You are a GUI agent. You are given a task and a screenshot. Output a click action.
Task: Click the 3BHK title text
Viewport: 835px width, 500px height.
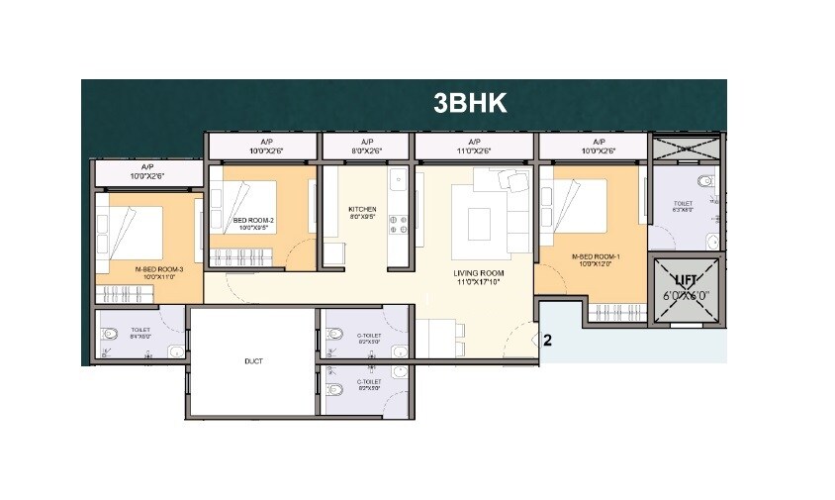(470, 104)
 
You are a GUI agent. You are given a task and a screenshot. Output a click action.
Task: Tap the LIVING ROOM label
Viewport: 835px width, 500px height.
(479, 272)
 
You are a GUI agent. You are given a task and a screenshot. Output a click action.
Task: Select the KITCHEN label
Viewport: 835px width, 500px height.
(362, 210)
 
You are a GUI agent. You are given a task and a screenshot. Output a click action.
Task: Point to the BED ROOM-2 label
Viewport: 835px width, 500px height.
(253, 220)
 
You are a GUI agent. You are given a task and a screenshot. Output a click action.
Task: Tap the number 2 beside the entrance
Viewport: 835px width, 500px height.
(546, 340)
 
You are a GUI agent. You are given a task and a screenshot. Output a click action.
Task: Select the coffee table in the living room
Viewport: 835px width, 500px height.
(479, 216)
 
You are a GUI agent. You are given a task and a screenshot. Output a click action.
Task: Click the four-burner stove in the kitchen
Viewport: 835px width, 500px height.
(399, 223)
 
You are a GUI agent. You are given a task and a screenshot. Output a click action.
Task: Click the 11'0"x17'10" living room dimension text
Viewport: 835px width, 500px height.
(479, 282)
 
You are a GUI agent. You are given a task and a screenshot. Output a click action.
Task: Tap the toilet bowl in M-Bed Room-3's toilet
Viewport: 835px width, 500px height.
(111, 334)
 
